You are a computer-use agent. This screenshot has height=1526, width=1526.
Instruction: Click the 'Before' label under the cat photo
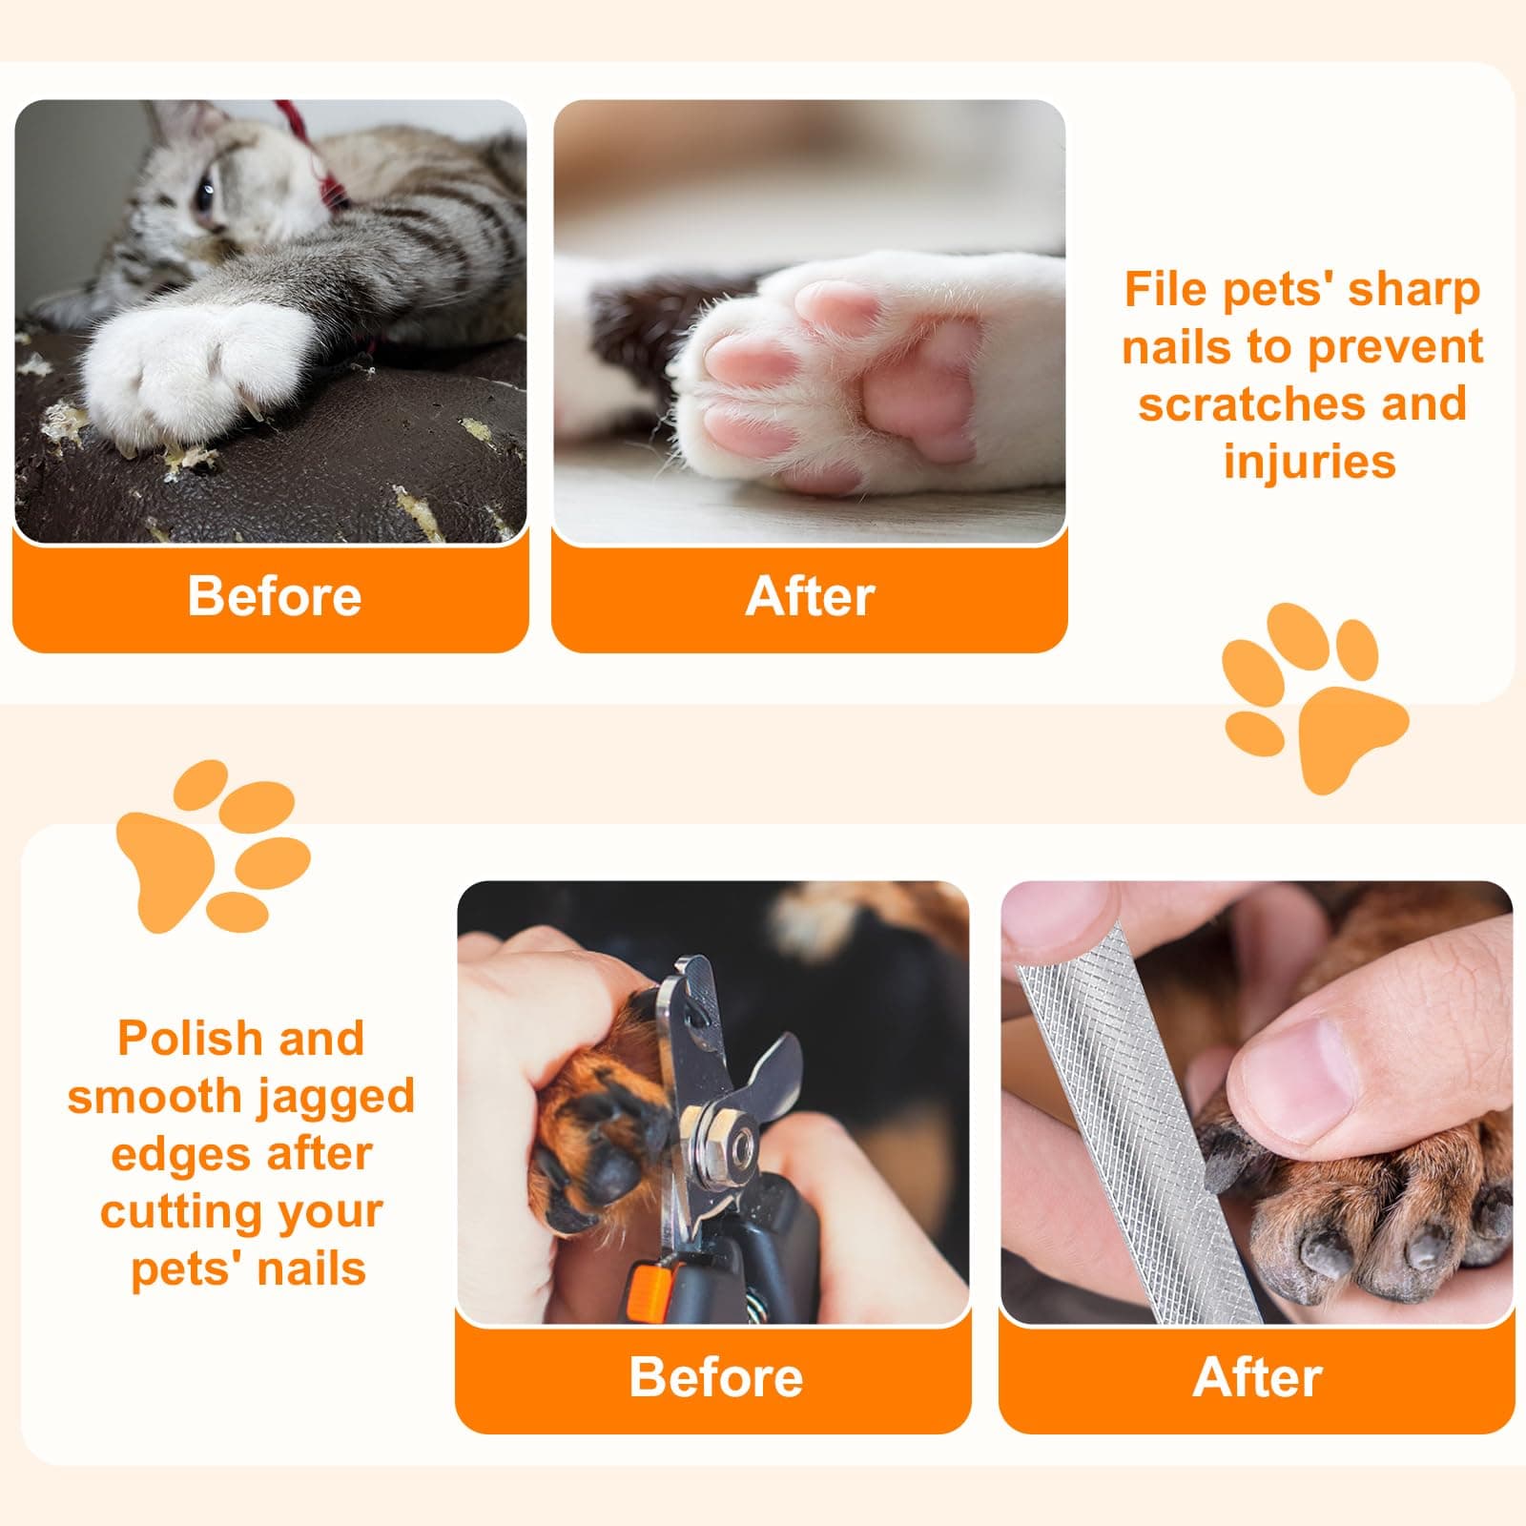275,597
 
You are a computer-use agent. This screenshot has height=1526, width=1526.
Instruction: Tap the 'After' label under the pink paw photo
810,597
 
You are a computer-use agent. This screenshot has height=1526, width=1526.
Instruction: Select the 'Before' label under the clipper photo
715,1377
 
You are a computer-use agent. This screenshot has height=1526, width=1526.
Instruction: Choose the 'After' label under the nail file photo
1257,1377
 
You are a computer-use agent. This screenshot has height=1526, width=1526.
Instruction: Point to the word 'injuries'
1309,462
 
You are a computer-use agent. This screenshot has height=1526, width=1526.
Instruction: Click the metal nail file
1135,1125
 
